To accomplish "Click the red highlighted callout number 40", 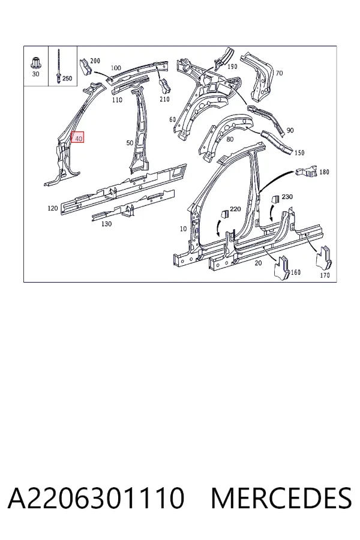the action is pyautogui.click(x=78, y=137).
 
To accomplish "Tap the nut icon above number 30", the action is pyautogui.click(x=35, y=62).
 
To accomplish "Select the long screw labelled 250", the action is pyautogui.click(x=58, y=67).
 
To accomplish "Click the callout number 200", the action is pyautogui.click(x=95, y=61).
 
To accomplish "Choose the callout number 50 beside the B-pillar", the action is pyautogui.click(x=130, y=143).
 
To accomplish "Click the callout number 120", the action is pyautogui.click(x=53, y=208).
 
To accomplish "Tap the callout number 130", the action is pyautogui.click(x=106, y=224).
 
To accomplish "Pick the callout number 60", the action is pyautogui.click(x=173, y=119).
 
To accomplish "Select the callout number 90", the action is pyautogui.click(x=290, y=130).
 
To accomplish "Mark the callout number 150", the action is pyautogui.click(x=299, y=152).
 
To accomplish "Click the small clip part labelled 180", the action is pyautogui.click(x=306, y=171).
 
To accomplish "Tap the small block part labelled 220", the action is pyautogui.click(x=224, y=214).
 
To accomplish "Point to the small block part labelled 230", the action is pyautogui.click(x=275, y=200).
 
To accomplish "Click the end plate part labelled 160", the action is pyautogui.click(x=282, y=267).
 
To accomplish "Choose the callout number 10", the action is pyautogui.click(x=183, y=229).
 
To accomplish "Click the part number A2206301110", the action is pyautogui.click(x=96, y=498).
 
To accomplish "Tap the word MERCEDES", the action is pyautogui.click(x=281, y=498).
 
